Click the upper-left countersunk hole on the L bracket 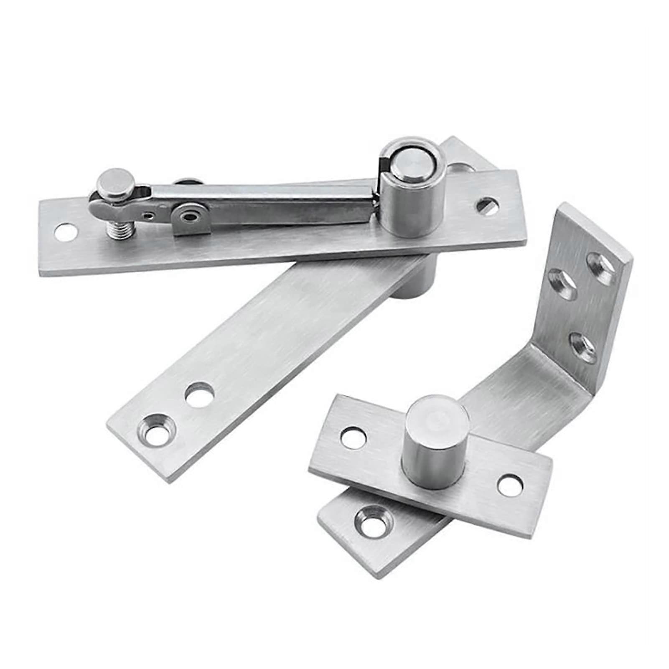[561, 283]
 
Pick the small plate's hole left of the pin [354, 437]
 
